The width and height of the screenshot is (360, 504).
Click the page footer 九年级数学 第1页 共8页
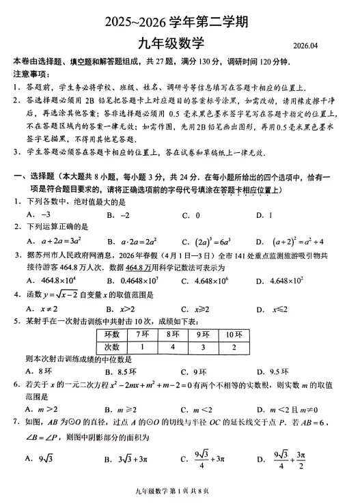click(179, 493)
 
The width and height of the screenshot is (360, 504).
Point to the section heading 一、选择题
click(34, 177)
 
